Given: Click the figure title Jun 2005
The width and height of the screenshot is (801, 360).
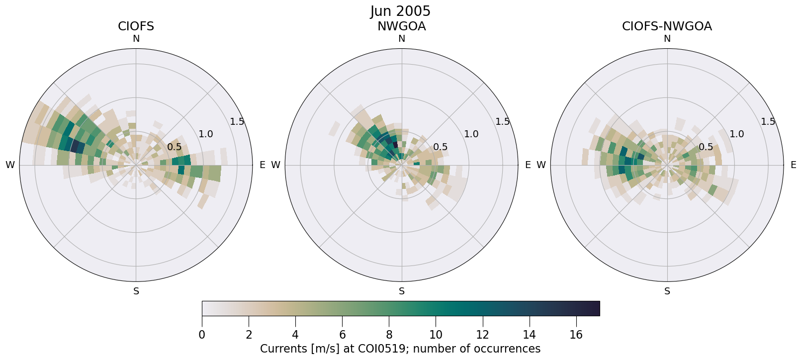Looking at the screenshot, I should pyautogui.click(x=400, y=11).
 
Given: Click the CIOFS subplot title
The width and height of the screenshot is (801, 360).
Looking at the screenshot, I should pyautogui.click(x=136, y=26).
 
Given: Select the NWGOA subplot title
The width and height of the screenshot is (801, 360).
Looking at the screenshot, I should pyautogui.click(x=401, y=26).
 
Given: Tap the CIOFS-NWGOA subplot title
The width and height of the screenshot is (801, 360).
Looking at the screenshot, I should pyautogui.click(x=667, y=26).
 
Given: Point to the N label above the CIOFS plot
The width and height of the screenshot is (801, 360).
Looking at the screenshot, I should pyautogui.click(x=136, y=39).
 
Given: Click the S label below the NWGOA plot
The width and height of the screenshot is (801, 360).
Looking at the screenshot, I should pyautogui.click(x=402, y=291).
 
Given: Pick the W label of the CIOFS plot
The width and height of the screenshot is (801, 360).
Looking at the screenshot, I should pyautogui.click(x=10, y=165).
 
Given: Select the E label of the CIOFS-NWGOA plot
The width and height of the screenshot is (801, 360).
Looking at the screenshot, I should pyautogui.click(x=794, y=165).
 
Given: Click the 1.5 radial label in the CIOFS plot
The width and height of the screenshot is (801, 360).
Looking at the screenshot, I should pyautogui.click(x=237, y=122).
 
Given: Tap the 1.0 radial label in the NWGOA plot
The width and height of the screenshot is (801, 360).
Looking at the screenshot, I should pyautogui.click(x=471, y=134).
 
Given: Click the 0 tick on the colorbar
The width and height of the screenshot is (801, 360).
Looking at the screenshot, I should pyautogui.click(x=202, y=335).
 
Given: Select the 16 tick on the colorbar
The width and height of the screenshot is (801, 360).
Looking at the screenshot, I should pyautogui.click(x=576, y=335).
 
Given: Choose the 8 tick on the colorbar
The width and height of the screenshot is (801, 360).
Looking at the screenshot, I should pyautogui.click(x=389, y=335).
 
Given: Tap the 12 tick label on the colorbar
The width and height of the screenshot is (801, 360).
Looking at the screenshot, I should pyautogui.click(x=482, y=335).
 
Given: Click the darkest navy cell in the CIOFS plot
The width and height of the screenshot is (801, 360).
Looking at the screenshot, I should pyautogui.click(x=75, y=146).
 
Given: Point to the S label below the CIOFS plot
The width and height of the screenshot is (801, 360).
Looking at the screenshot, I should pyautogui.click(x=136, y=291).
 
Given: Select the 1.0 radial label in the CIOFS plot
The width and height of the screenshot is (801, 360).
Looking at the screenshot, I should pyautogui.click(x=206, y=134).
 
